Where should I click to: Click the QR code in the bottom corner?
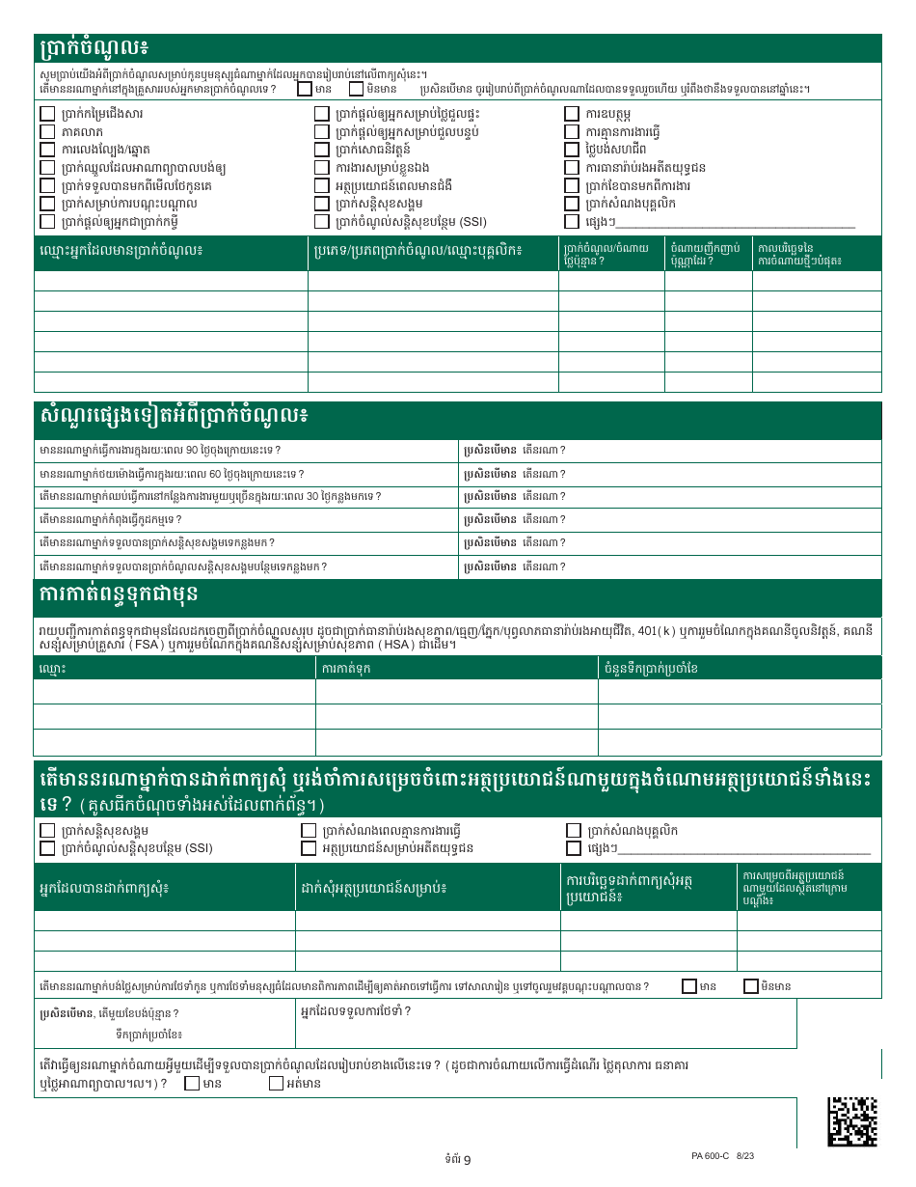852,1120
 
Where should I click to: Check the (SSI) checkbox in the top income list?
323,221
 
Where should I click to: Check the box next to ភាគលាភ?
47,131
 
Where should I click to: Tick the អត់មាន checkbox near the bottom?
277,1083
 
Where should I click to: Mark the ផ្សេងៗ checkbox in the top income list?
572,221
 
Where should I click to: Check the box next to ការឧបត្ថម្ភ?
572,113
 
